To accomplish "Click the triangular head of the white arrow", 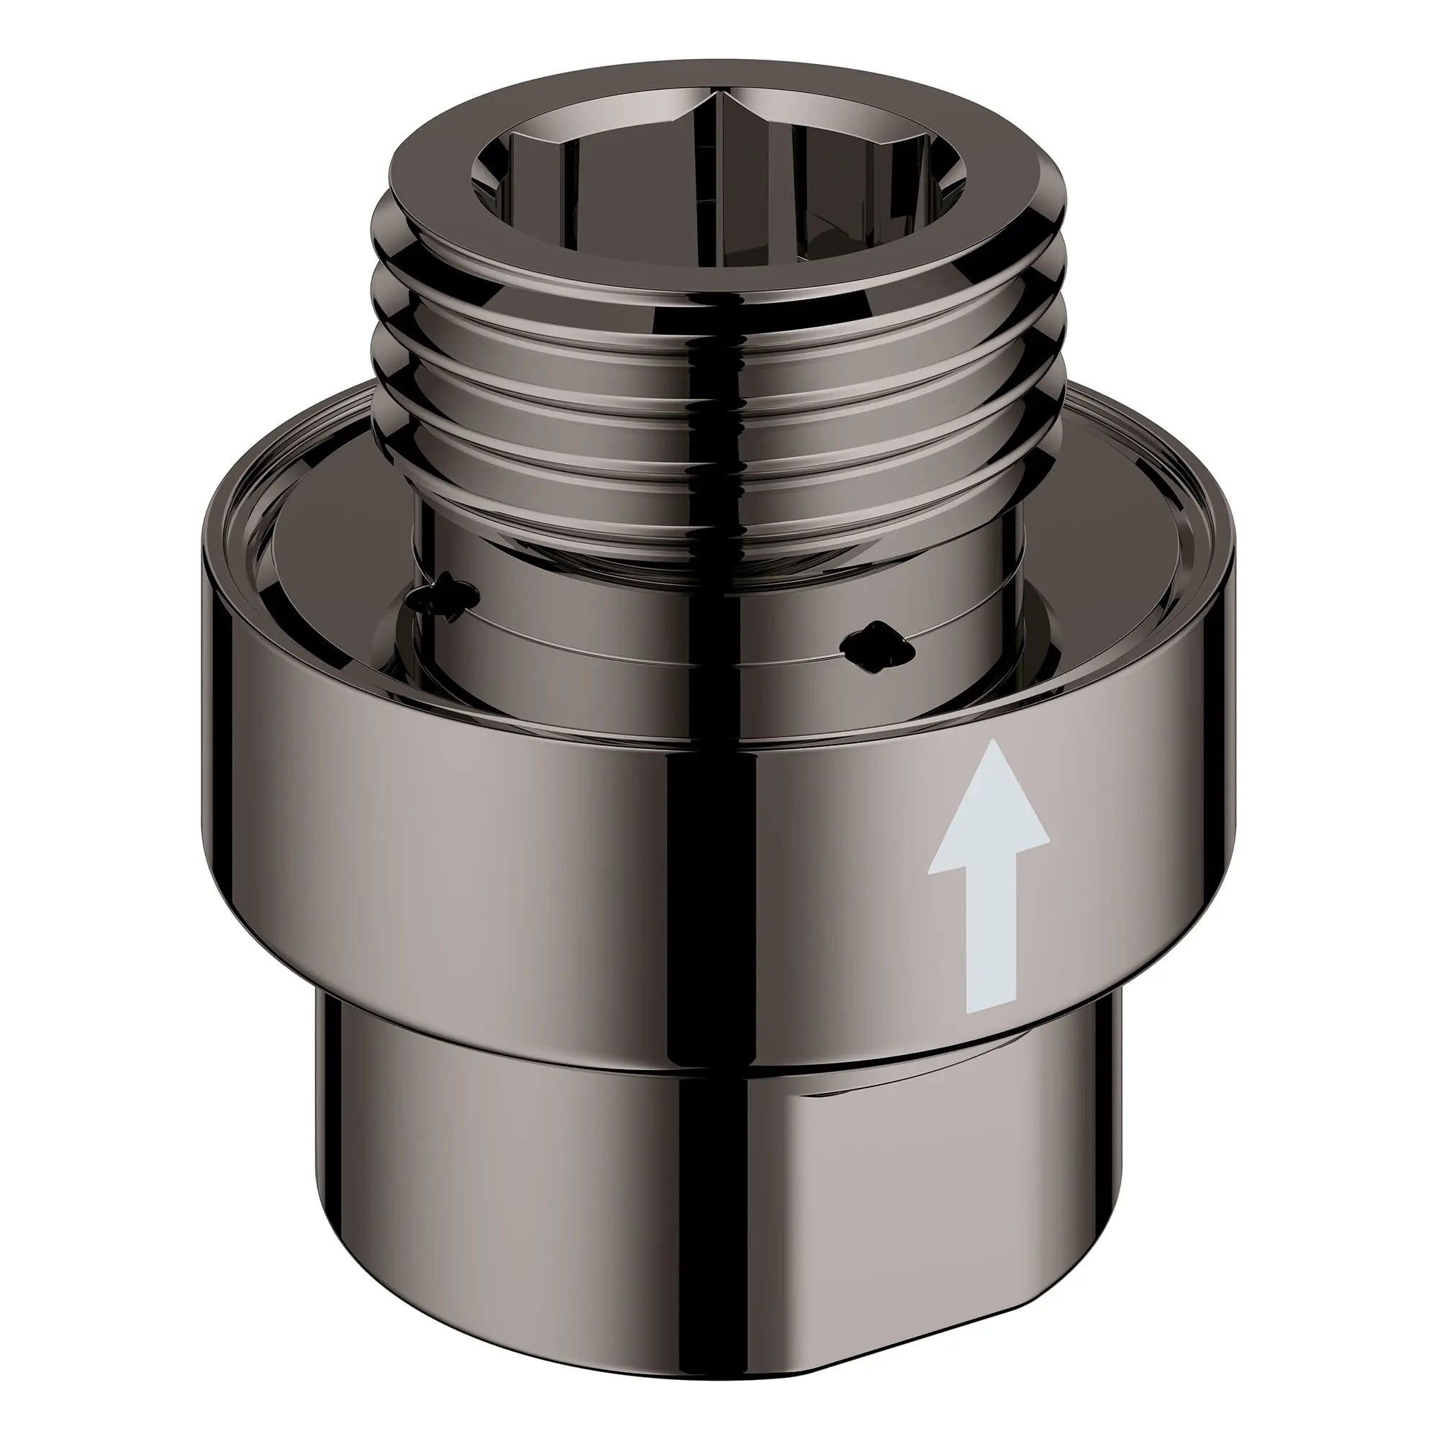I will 989,820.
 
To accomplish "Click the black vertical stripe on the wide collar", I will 693,856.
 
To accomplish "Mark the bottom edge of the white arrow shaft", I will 990,1012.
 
